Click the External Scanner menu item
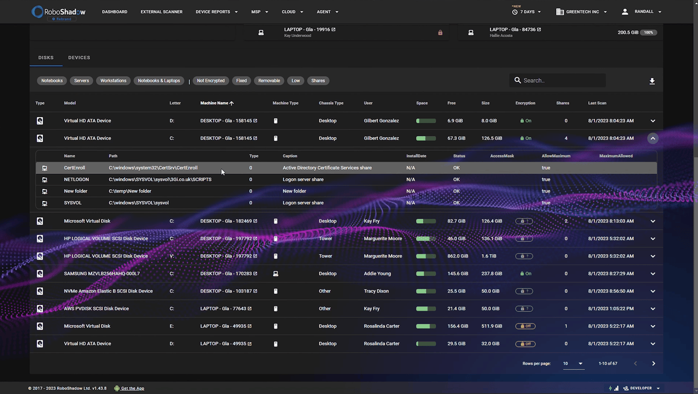pyautogui.click(x=161, y=12)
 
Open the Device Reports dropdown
pyautogui.click(x=216, y=12)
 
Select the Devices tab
pyautogui.click(x=79, y=57)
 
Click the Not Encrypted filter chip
pyautogui.click(x=210, y=81)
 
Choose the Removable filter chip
pyautogui.click(x=269, y=81)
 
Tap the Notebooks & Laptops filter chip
pyautogui.click(x=159, y=81)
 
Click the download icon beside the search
pyautogui.click(x=652, y=81)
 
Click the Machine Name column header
pyautogui.click(x=214, y=103)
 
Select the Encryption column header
pyautogui.click(x=525, y=103)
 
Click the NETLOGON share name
pyautogui.click(x=76, y=179)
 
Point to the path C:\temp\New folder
pyautogui.click(x=130, y=191)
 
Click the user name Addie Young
pyautogui.click(x=377, y=274)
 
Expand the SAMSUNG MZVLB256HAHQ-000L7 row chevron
pyautogui.click(x=653, y=274)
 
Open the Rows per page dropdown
pyautogui.click(x=572, y=364)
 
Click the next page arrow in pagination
pyautogui.click(x=653, y=364)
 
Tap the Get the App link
pyautogui.click(x=132, y=389)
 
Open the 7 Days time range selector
pyautogui.click(x=526, y=12)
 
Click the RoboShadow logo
pyautogui.click(x=58, y=12)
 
